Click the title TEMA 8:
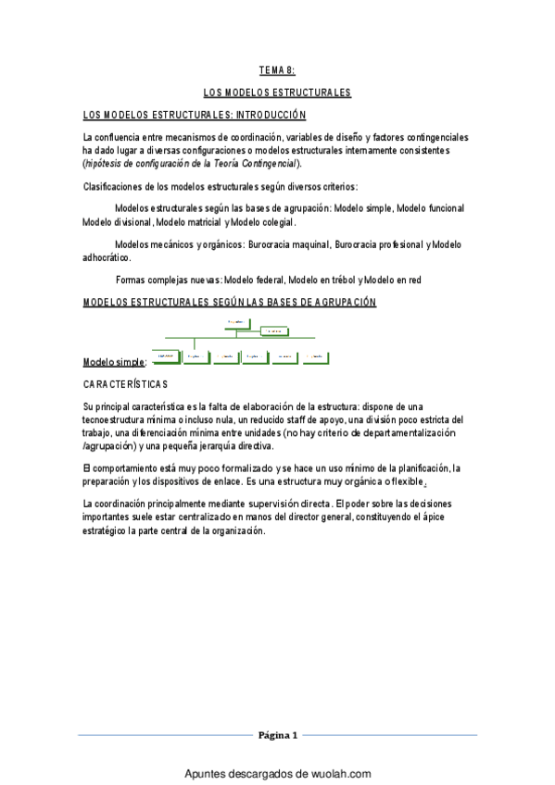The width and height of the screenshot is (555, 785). [277, 69]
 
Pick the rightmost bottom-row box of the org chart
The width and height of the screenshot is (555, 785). [313, 355]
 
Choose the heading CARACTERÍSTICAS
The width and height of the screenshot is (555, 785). [125, 383]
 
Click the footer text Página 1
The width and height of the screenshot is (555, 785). [277, 736]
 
